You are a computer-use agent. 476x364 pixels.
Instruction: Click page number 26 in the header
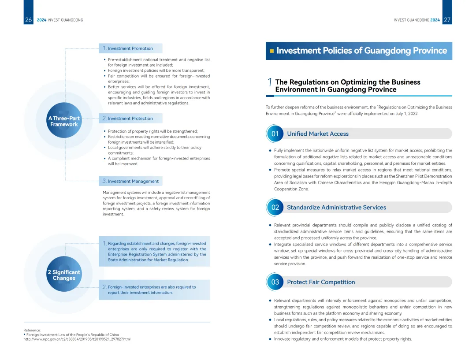click(x=29, y=20)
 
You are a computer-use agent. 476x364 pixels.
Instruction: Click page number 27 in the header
click(x=447, y=20)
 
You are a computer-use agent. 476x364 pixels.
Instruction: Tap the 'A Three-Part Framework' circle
click(x=64, y=121)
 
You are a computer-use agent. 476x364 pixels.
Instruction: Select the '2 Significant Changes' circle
click(x=64, y=275)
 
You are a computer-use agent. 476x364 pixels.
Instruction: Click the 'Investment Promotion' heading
click(x=130, y=48)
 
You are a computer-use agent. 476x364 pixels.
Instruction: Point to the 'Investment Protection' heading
click(x=130, y=119)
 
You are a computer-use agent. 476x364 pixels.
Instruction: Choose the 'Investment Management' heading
click(x=133, y=181)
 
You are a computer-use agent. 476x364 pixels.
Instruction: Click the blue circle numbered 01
click(x=275, y=134)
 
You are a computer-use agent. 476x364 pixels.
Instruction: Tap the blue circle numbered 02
click(x=275, y=207)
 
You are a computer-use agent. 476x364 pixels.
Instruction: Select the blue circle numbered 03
click(x=275, y=282)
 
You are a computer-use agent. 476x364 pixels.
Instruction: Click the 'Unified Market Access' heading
click(x=317, y=134)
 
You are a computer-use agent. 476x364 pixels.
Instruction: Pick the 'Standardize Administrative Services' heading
click(x=336, y=208)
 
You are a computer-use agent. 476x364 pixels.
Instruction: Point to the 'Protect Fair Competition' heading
click(x=321, y=282)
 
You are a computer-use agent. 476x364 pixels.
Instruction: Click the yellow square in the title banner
click(x=272, y=51)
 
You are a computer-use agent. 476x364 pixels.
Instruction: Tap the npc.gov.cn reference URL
click(x=77, y=339)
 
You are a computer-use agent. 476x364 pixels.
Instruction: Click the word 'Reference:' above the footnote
click(x=32, y=330)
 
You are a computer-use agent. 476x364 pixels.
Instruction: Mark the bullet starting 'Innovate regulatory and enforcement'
click(x=343, y=339)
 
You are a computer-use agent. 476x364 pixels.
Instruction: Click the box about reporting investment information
click(x=154, y=290)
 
